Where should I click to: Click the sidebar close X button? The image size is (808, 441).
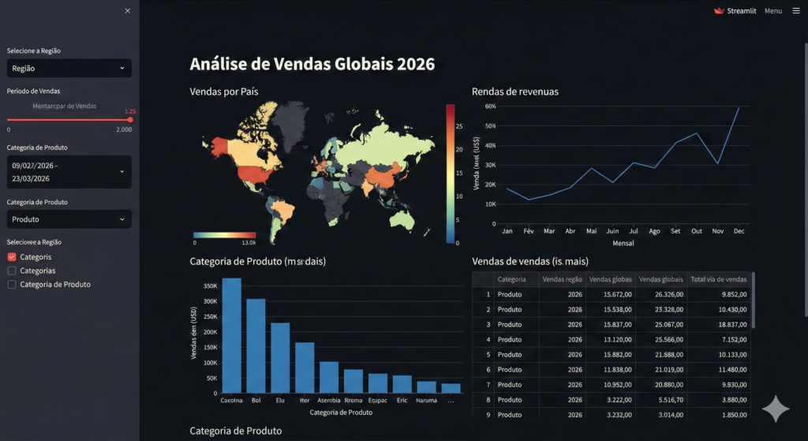pos(128,10)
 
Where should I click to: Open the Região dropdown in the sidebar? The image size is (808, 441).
pos(69,69)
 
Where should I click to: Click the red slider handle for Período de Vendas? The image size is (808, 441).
pos(130,119)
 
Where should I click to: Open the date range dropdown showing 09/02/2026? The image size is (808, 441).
pos(69,172)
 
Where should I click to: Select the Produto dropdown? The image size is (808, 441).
pos(69,219)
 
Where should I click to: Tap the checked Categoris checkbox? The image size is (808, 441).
pos(12,257)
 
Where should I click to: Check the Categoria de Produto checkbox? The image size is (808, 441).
pos(12,284)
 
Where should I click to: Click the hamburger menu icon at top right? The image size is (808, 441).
pos(796,11)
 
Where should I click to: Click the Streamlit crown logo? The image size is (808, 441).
pos(719,11)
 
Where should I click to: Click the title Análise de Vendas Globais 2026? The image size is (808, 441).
pos(312,64)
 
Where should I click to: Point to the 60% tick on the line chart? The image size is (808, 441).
pos(490,106)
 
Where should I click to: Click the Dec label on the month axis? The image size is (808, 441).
pos(739,231)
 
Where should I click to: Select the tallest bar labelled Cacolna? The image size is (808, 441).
pos(232,335)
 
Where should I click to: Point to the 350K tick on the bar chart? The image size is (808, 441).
pos(210,286)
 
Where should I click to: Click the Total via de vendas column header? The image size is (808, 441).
pos(718,279)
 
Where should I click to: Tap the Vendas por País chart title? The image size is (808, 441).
pos(224,92)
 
